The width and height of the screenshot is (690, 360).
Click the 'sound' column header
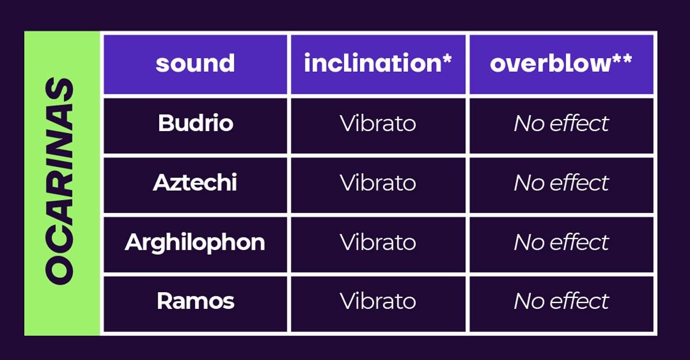pyautogui.click(x=195, y=63)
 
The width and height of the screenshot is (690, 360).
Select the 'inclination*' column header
pyautogui.click(x=378, y=63)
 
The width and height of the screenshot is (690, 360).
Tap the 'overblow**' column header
pyautogui.click(x=561, y=63)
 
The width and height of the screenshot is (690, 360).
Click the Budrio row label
pyautogui.click(x=195, y=123)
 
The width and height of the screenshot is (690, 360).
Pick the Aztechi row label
pyautogui.click(x=195, y=182)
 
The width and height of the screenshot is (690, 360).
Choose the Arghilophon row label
pyautogui.click(x=195, y=242)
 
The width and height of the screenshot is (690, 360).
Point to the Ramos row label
pyautogui.click(x=195, y=301)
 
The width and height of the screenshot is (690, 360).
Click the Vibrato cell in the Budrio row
pyautogui.click(x=378, y=123)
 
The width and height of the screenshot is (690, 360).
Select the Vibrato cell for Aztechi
pyautogui.click(x=378, y=183)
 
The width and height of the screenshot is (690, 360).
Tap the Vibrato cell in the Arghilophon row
pyautogui.click(x=378, y=242)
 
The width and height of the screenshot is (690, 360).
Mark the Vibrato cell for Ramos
pyautogui.click(x=378, y=301)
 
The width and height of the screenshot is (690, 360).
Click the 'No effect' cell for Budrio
pyautogui.click(x=561, y=123)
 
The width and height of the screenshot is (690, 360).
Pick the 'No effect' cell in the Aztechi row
pyautogui.click(x=561, y=183)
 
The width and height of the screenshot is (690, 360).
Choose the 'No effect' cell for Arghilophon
pyautogui.click(x=561, y=242)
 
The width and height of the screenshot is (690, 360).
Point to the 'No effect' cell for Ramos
pyautogui.click(x=561, y=301)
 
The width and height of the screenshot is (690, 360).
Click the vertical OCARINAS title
pyautogui.click(x=59, y=181)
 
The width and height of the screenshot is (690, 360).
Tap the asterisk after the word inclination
pyautogui.click(x=447, y=58)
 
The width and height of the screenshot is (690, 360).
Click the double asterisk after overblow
pyautogui.click(x=623, y=58)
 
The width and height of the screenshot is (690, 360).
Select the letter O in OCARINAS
pyautogui.click(x=59, y=270)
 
